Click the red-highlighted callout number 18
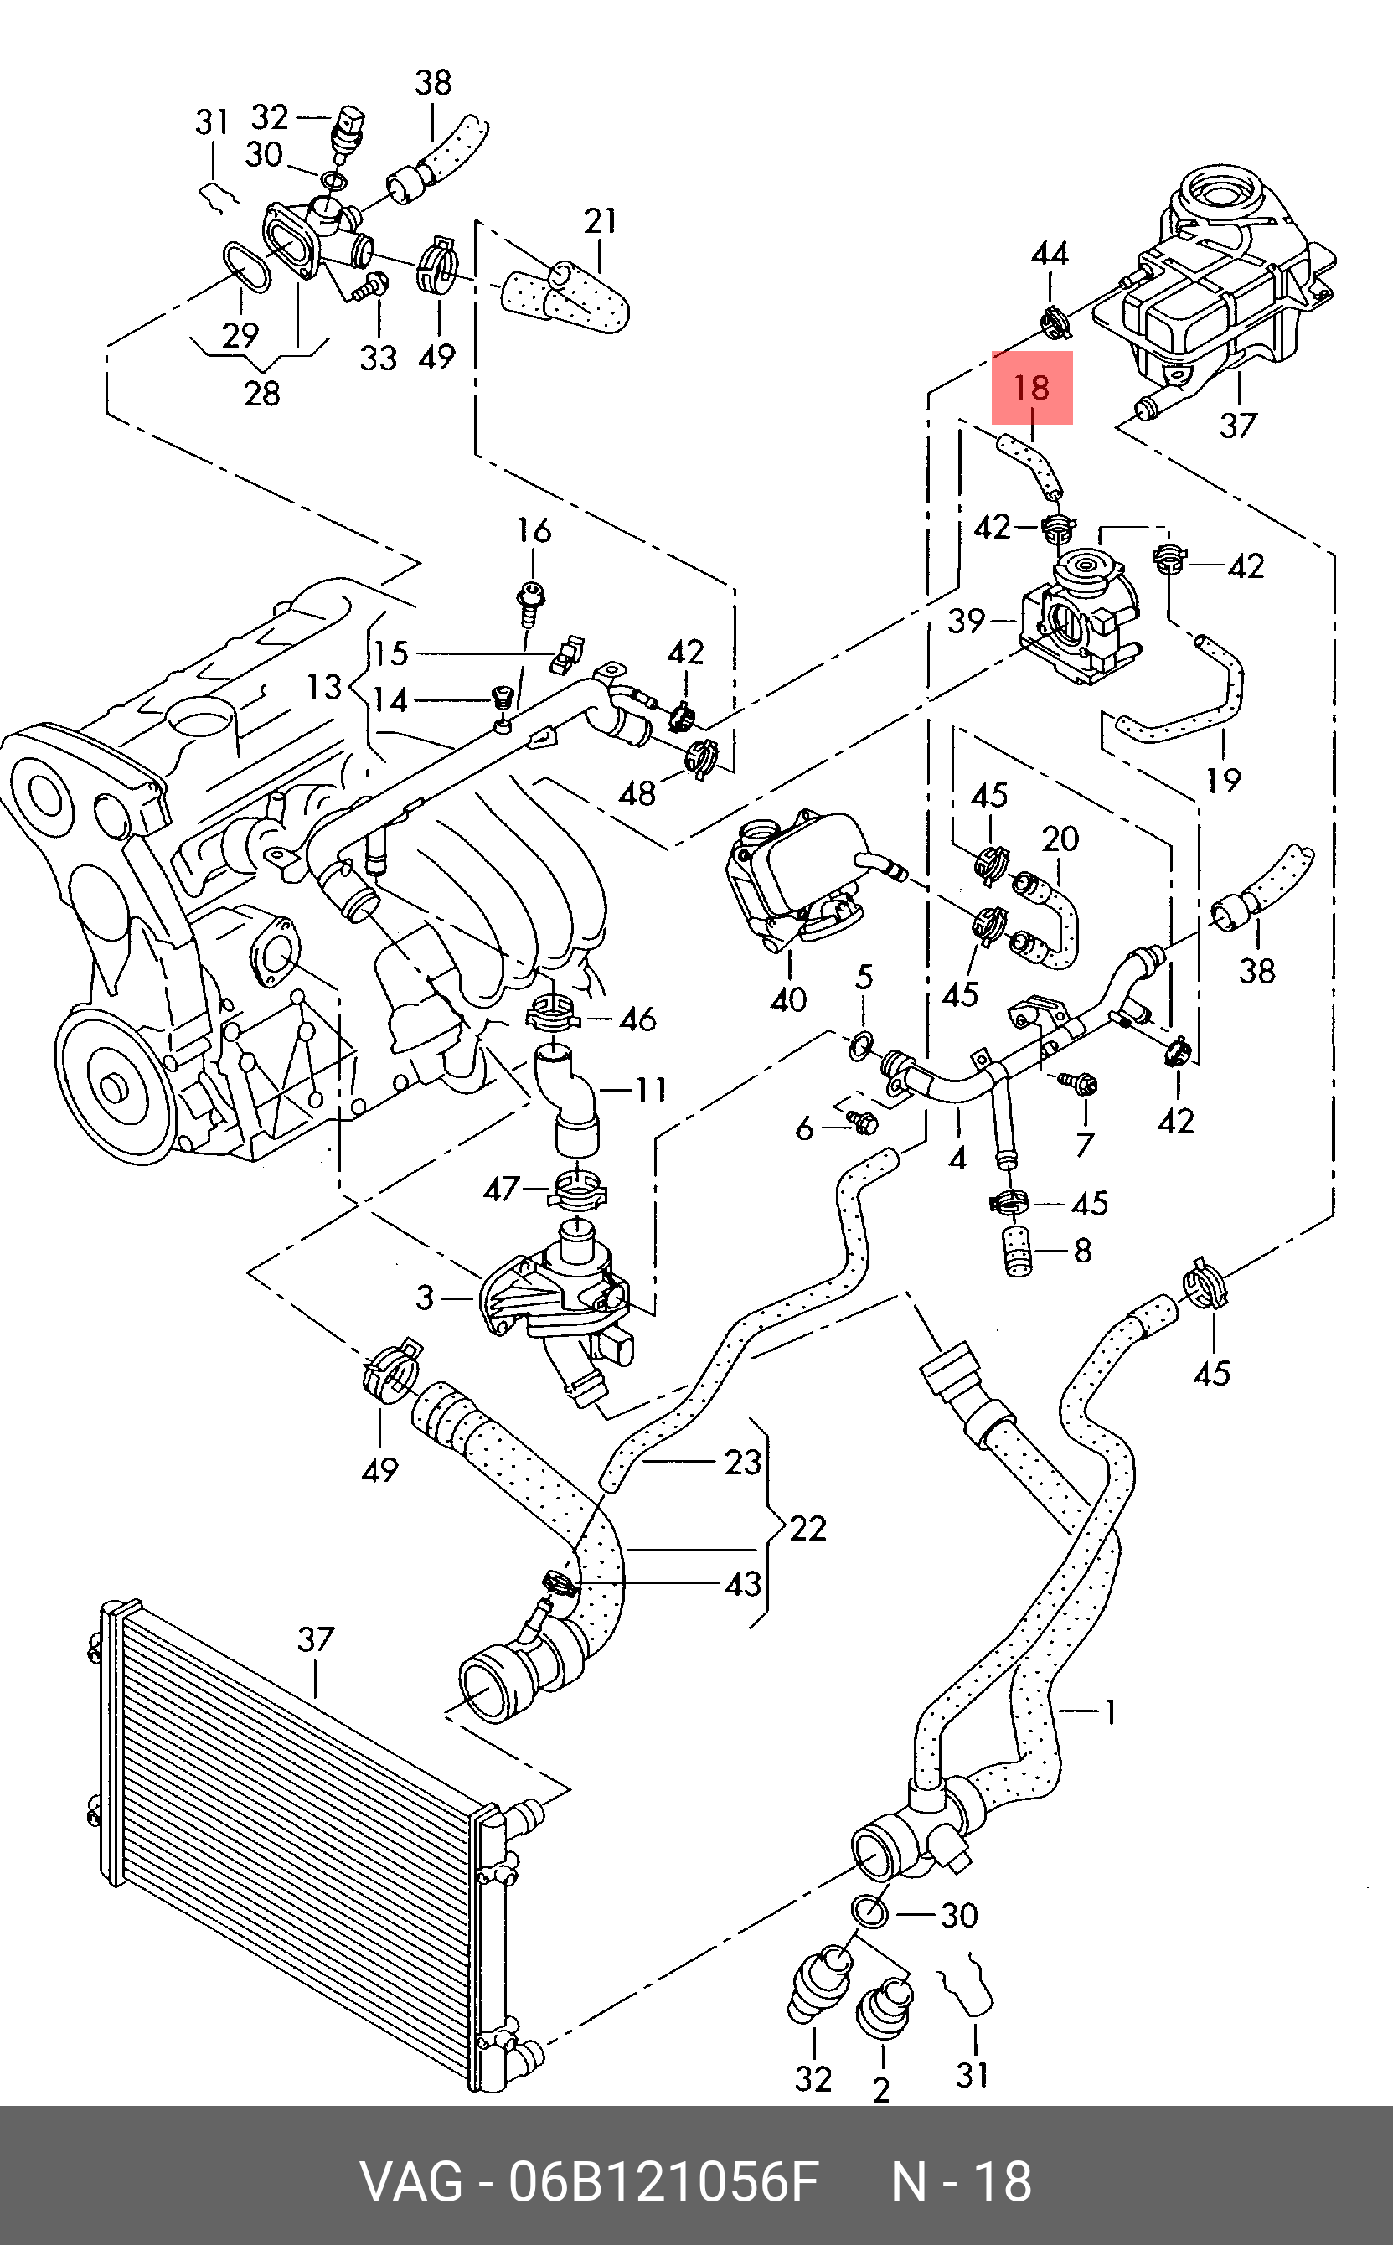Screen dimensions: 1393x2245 pyautogui.click(x=1032, y=388)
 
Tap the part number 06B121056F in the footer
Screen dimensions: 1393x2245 pyautogui.click(x=663, y=2181)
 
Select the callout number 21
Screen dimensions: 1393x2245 pyautogui.click(x=601, y=221)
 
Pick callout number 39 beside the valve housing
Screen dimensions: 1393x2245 pyautogui.click(x=967, y=620)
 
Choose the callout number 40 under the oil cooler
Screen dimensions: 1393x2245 pyautogui.click(x=788, y=999)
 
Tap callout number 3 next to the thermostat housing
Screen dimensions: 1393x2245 pyautogui.click(x=425, y=1298)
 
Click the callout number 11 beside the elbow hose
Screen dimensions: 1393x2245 pyautogui.click(x=651, y=1091)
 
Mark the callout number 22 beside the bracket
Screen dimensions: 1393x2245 pyautogui.click(x=808, y=1528)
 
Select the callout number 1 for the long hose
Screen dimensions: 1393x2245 pyautogui.click(x=1111, y=1712)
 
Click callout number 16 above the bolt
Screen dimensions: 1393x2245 pyautogui.click(x=534, y=529)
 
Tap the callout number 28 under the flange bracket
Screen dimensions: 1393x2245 pyautogui.click(x=262, y=394)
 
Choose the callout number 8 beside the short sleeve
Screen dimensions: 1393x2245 pyautogui.click(x=1082, y=1250)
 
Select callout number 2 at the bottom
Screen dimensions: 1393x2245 pyautogui.click(x=882, y=2090)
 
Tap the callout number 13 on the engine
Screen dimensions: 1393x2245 pyautogui.click(x=324, y=686)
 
